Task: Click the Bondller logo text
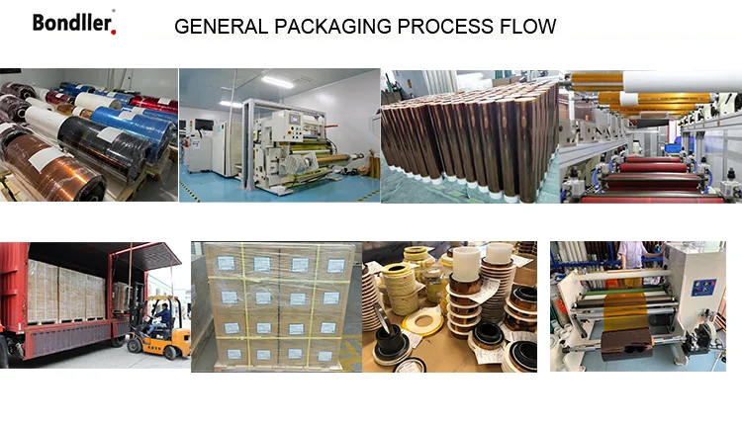coord(74,22)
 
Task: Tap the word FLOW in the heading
coord(529,27)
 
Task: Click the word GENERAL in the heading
coord(214,27)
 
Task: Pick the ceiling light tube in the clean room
coord(277,80)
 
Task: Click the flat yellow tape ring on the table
coord(417,314)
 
